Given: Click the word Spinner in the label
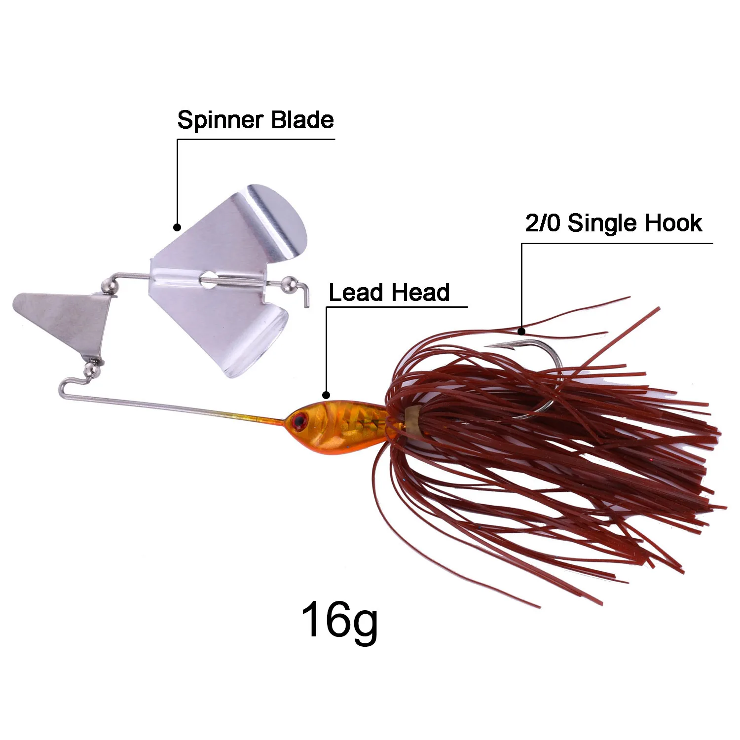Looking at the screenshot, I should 221,120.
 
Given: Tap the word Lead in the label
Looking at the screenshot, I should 355,293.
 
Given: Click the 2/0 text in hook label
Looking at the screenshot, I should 543,223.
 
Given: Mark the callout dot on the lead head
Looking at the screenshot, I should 326,395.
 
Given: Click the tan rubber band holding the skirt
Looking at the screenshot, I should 412,421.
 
